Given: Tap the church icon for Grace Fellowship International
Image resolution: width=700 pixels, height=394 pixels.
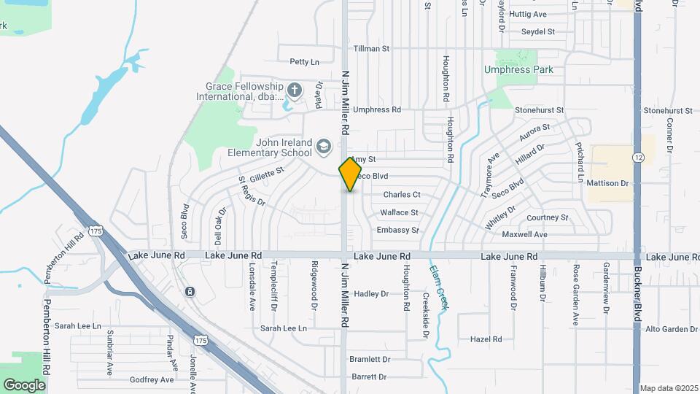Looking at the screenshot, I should coord(295,90).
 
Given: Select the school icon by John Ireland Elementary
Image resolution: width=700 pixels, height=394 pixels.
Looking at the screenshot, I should coord(322,148).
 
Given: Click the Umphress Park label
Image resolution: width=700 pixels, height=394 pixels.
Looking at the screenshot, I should coord(518,70).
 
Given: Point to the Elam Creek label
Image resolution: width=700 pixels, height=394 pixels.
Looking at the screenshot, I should coord(437,289).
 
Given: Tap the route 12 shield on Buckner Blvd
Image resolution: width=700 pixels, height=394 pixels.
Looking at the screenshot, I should coord(639,158).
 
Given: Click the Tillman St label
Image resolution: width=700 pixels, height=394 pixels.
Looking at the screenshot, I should coord(372,49).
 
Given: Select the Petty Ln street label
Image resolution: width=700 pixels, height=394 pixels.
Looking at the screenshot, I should coord(305,62).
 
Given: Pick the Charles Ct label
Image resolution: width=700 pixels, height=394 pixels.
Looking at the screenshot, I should coord(402,195).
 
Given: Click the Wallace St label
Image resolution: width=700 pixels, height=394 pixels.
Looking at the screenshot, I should coord(399,213).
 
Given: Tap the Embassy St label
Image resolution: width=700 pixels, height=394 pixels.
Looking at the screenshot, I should coord(398,231).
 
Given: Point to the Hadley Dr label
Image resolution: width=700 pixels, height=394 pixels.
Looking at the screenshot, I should coord(371,294).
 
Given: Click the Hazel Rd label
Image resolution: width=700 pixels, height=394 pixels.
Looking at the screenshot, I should coord(486,339).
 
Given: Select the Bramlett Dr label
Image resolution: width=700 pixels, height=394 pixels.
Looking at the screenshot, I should coord(370,360).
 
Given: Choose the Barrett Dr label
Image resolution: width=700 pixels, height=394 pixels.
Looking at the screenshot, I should coord(369,377).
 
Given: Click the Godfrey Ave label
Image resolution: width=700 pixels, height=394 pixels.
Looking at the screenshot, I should coord(152,380).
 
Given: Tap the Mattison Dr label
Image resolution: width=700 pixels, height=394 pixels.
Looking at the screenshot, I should coord(607,183).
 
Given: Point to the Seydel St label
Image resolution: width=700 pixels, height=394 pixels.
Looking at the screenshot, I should coord(538,32).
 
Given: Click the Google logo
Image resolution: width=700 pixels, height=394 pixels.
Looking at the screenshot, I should coord(24,385).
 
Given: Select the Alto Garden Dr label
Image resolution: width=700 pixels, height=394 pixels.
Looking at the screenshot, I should coord(672,329).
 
